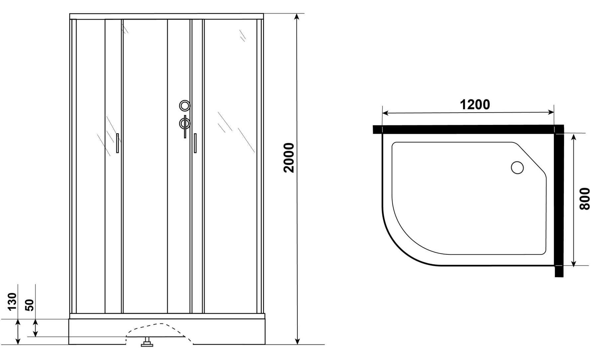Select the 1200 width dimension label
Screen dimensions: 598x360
[x=475, y=105]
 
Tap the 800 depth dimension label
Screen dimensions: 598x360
[x=584, y=199]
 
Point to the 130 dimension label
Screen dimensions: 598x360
[x=12, y=301]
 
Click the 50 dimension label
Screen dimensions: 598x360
[x=30, y=305]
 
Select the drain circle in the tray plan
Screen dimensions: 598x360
[x=517, y=168]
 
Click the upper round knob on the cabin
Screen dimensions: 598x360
[x=185, y=106]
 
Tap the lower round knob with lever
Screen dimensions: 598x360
[x=185, y=124]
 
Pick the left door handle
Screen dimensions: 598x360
[x=118, y=143]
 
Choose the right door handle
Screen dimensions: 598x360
[x=195, y=143]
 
